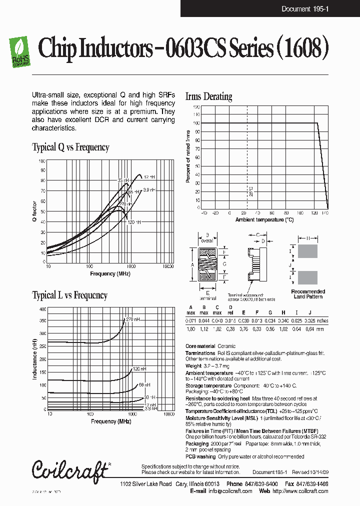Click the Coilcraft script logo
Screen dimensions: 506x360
click(69, 469)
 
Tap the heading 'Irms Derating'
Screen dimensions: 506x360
click(208, 96)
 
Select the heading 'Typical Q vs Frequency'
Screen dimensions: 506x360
click(70, 147)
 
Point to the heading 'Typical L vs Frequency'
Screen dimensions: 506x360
click(69, 295)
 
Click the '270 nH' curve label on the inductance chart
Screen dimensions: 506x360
click(132, 319)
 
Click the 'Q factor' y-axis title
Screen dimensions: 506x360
click(35, 211)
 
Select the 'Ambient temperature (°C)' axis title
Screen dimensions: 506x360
click(264, 219)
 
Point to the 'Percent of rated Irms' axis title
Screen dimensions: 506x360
click(188, 156)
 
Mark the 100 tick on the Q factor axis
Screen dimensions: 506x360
click(42, 161)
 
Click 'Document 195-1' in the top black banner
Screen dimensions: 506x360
click(304, 9)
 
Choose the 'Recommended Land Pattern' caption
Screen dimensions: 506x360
click(307, 294)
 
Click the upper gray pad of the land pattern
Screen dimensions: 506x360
click(307, 251)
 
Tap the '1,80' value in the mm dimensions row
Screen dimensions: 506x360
click(191, 329)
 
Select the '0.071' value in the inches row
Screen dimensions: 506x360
click(191, 320)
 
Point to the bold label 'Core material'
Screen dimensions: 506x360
click(200, 346)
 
